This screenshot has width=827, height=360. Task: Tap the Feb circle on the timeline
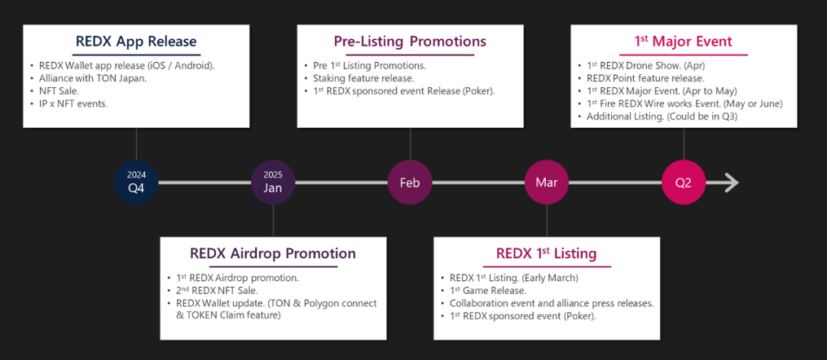[410, 182]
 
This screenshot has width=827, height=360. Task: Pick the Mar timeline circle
[547, 182]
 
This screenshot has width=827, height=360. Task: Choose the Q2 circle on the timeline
[684, 182]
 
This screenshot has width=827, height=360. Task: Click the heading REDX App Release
[136, 42]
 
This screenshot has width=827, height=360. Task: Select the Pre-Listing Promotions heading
[410, 42]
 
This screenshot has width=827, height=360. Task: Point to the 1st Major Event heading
[684, 42]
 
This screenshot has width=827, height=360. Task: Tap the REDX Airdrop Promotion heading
[273, 253]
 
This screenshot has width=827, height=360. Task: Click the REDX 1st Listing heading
[547, 253]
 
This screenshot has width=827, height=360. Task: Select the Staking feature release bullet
[363, 78]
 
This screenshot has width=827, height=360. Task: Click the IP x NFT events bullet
[73, 103]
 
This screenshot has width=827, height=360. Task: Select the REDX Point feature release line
[640, 78]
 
